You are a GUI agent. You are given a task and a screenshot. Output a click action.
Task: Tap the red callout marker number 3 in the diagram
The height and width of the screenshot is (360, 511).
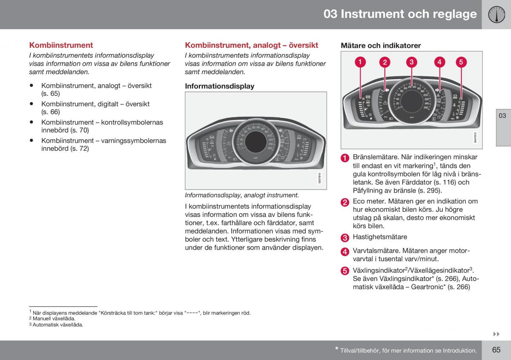coord(411,62)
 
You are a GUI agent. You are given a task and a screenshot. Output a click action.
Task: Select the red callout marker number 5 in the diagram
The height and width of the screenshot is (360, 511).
coord(461,62)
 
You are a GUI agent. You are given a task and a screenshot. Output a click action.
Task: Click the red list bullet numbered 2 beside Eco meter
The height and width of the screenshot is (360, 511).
coord(344,202)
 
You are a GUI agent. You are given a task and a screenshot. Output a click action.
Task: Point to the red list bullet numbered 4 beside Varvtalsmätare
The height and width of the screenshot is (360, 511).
coord(344,252)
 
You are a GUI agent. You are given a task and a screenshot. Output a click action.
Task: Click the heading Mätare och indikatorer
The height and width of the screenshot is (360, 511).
coord(381,45)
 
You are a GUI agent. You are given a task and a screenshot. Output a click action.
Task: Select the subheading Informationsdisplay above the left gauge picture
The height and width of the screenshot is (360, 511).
coord(219,86)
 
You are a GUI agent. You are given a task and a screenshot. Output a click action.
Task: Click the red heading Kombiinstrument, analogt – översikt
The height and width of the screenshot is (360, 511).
coord(251,45)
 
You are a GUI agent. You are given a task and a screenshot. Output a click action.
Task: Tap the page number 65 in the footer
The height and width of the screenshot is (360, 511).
coord(496,350)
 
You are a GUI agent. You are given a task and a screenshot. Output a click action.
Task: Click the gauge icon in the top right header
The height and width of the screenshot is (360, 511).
coord(496,14)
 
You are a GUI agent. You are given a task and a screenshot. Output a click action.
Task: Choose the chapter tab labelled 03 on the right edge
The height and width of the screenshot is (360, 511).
coord(503,116)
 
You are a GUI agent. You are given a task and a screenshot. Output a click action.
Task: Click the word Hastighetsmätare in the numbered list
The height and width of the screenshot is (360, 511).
coord(380,237)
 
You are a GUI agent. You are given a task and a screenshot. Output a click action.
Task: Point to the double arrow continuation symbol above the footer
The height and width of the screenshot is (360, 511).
coord(496,334)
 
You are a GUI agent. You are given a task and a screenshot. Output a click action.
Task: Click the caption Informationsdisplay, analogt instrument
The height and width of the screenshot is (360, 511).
coord(242,195)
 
